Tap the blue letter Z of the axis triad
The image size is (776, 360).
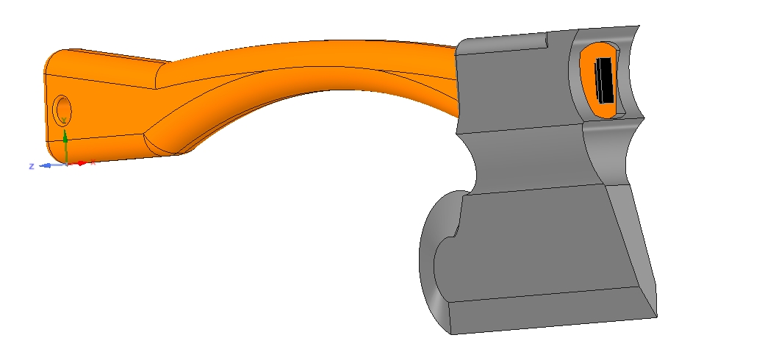[x=32, y=166]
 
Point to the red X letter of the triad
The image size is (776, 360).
[x=93, y=163]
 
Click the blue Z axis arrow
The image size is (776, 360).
[x=46, y=165]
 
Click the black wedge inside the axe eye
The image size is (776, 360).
[x=604, y=80]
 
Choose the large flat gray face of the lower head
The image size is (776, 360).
[x=544, y=242]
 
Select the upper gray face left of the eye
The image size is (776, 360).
[x=514, y=88]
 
